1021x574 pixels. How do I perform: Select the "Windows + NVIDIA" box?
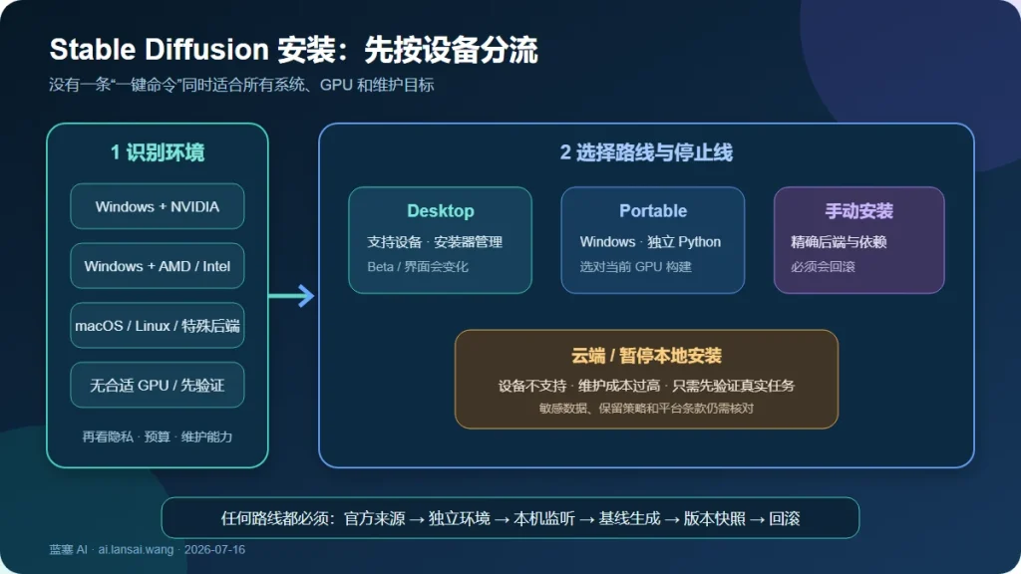click(x=157, y=206)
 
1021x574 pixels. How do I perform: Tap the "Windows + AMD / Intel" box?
click(x=157, y=265)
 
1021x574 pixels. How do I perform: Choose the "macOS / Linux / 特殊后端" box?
click(x=157, y=326)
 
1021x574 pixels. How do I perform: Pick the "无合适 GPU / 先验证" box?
click(x=157, y=385)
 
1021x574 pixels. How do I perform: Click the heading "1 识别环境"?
click(x=158, y=152)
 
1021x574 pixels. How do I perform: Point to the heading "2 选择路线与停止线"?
click(x=646, y=152)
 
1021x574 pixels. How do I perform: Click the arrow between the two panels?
click(x=291, y=295)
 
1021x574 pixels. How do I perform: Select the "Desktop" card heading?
click(x=440, y=211)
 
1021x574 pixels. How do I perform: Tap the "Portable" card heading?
click(x=653, y=211)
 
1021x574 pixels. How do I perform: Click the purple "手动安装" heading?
click(x=858, y=211)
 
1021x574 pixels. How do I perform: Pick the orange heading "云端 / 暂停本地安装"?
click(x=646, y=356)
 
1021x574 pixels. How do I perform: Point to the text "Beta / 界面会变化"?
click(x=418, y=267)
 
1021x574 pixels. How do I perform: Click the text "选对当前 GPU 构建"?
click(x=635, y=267)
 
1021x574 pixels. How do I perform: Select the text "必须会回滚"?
click(x=823, y=267)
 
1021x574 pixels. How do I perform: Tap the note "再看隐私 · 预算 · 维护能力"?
click(x=157, y=436)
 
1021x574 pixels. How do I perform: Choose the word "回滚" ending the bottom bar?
click(x=784, y=518)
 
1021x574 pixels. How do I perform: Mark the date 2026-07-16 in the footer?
click(x=215, y=550)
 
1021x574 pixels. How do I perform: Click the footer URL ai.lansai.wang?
click(x=136, y=550)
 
